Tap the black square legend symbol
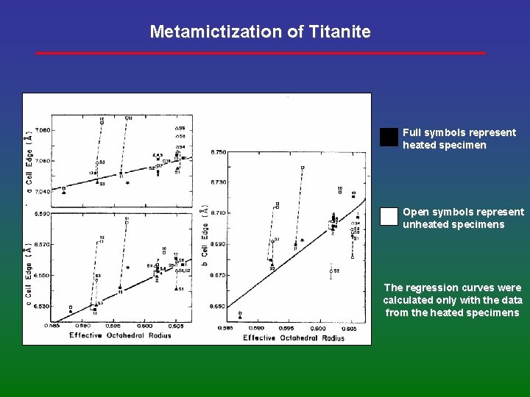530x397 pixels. (389, 137)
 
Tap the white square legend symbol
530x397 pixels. (389, 216)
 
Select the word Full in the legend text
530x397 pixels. (411, 132)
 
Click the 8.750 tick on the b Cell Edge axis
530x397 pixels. (218, 152)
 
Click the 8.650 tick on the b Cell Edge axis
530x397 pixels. (218, 305)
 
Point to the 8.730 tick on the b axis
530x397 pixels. (218, 182)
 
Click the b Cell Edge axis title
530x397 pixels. (205, 235)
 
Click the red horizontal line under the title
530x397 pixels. (261, 53)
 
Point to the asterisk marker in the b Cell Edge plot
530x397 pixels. (302, 240)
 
